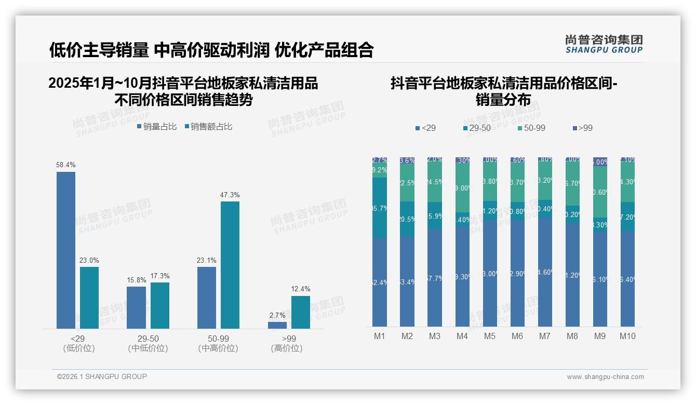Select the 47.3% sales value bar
pos(230,265)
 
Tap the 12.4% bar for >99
pos(300,312)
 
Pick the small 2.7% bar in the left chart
pos(277,325)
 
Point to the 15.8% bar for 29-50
pos(136,307)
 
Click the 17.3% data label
pos(160,276)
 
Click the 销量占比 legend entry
pos(157,127)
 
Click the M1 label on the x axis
pos(380,336)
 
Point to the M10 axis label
pos(627,336)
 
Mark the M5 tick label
pos(490,336)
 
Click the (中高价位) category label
pos(218,348)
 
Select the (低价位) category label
pos(78,348)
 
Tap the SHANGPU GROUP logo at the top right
pos(604,44)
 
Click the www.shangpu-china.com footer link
pos(605,377)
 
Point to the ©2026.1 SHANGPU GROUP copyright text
pos(102,376)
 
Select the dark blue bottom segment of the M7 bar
pos(545,272)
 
